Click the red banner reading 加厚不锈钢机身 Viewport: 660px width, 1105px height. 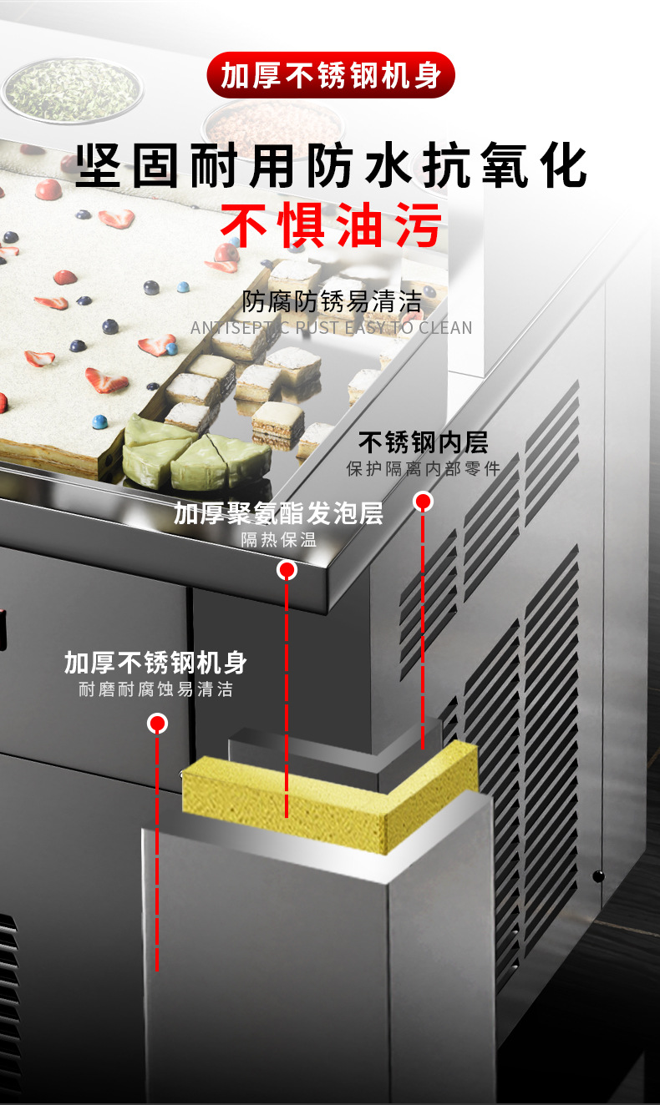coord(330,76)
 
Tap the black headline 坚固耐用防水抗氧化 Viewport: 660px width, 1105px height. coord(331,167)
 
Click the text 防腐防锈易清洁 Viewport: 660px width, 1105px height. coord(331,300)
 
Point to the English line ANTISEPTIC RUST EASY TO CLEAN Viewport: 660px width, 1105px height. coord(331,327)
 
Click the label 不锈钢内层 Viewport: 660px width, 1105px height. coord(423,441)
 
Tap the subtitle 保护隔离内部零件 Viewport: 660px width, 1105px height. coord(423,468)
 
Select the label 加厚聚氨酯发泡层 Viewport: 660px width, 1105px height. coord(278,513)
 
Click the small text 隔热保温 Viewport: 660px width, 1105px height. coord(278,539)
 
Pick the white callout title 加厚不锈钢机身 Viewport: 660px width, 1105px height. coord(155,663)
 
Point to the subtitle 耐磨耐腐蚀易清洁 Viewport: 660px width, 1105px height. coord(155,689)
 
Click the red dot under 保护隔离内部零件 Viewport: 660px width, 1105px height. coord(424,502)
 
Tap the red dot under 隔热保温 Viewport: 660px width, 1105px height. coord(287,570)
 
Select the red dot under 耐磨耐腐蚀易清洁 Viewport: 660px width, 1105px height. coord(157,723)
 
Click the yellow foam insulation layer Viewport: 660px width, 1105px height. coord(334,793)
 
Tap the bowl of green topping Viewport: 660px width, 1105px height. coord(71,88)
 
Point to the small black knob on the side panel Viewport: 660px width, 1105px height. coord(597,875)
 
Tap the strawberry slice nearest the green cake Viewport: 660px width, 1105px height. coord(107,381)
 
